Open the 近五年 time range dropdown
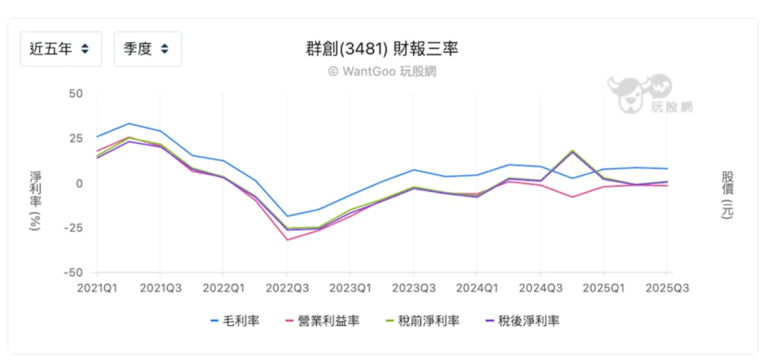60,50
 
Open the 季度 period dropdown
147,50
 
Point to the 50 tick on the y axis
75,94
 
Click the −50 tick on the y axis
72,273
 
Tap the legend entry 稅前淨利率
431,321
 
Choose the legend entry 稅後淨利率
531,321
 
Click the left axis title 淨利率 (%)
35,201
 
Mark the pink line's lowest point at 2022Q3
287,240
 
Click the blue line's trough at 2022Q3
287,216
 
